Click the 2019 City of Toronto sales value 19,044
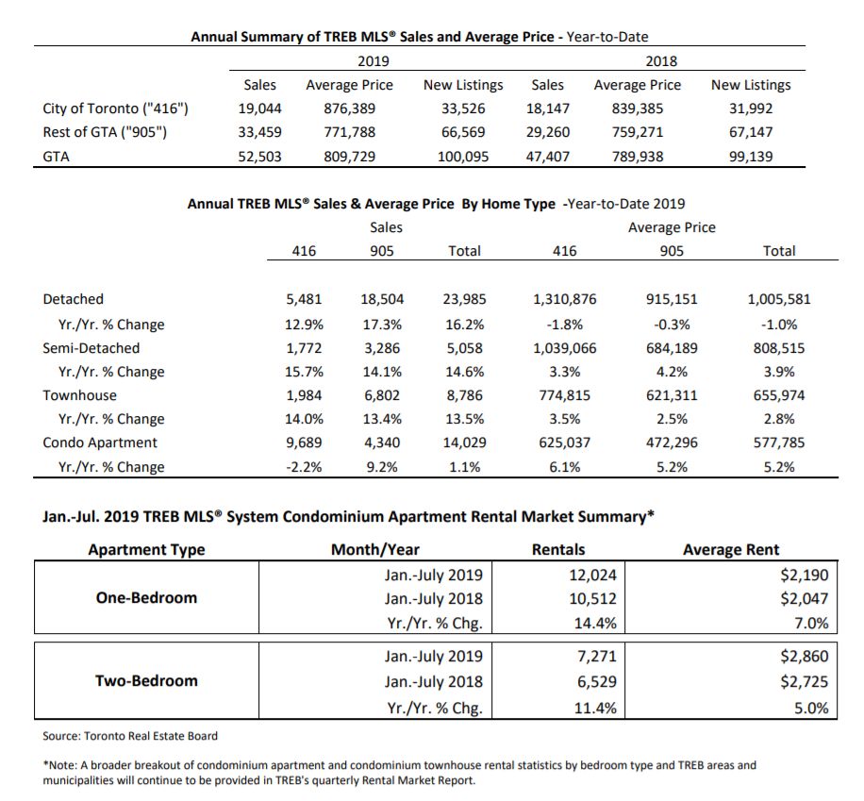coord(259,108)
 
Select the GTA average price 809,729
coord(349,157)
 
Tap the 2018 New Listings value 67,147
coord(751,132)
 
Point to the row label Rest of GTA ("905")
coord(105,132)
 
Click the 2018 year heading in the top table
coord(661,61)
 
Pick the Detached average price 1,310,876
coord(564,299)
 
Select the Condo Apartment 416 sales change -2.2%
coord(304,467)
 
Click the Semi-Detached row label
coord(91,348)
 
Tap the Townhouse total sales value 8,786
coord(464,395)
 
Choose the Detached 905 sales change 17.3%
coord(382,325)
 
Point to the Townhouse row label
coord(80,395)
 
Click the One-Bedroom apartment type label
coord(146,597)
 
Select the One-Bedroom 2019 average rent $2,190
coord(804,575)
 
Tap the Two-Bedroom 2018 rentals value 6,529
coord(597,681)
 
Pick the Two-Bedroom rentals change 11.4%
coord(595,708)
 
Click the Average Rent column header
coord(731,550)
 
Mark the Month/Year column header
coord(375,550)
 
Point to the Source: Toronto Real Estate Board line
coord(130,736)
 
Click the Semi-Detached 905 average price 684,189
coord(672,348)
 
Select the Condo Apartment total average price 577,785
coord(778,442)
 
